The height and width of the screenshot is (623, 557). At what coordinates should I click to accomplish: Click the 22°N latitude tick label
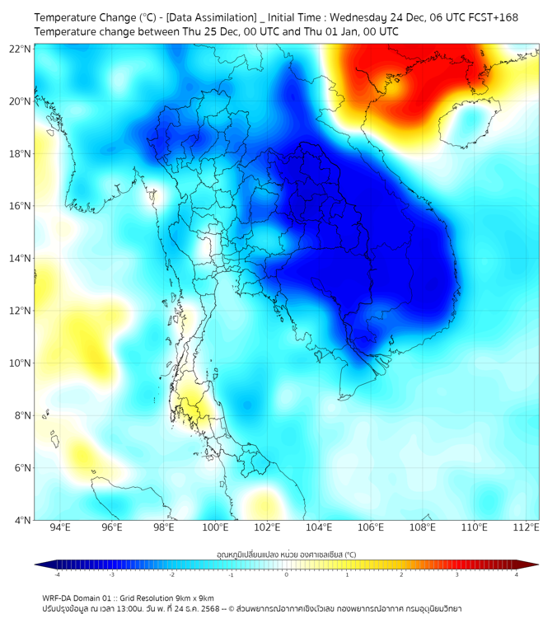click(21, 49)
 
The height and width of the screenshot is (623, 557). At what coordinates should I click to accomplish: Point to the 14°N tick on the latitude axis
click(21, 259)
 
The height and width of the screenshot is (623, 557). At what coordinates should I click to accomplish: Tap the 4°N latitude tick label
click(23, 520)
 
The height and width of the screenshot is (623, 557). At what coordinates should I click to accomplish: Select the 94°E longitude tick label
click(60, 527)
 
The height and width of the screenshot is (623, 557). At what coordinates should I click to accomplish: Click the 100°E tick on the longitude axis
click(216, 527)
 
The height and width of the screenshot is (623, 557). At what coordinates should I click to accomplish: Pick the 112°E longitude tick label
click(526, 527)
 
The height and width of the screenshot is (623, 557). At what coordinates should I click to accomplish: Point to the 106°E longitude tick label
click(371, 527)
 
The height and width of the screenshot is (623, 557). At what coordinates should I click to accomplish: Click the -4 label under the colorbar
click(56, 574)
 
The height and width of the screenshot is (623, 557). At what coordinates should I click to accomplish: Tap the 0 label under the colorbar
click(287, 574)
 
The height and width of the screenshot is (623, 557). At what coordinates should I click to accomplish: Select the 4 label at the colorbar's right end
click(516, 574)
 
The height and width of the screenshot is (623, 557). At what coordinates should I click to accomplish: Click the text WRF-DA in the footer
click(57, 597)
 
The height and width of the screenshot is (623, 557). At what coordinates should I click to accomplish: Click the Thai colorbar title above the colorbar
click(286, 554)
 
